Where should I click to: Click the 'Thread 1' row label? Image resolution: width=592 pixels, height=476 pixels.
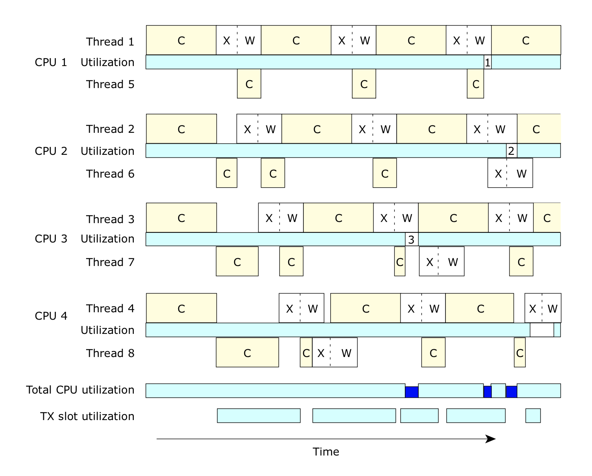(110, 41)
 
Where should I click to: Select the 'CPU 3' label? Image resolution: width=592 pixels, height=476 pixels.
(51, 239)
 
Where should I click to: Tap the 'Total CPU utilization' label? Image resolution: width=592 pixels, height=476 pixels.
(80, 390)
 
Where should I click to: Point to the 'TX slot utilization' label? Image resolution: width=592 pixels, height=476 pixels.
(87, 416)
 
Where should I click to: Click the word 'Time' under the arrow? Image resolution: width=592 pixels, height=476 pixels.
(326, 452)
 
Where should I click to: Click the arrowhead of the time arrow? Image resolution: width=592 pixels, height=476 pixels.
(491, 439)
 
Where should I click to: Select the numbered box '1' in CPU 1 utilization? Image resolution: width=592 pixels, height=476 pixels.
(487, 63)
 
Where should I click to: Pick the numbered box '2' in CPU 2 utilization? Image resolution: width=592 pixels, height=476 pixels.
(511, 151)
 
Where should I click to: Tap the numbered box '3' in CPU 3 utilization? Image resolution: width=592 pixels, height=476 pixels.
(411, 239)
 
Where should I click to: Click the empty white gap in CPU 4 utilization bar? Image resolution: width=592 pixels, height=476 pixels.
(542, 330)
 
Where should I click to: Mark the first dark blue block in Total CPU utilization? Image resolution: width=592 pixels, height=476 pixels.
(412, 392)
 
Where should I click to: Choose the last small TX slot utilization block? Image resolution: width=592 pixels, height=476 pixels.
(533, 416)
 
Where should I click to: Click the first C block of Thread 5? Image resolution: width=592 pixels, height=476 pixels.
(249, 84)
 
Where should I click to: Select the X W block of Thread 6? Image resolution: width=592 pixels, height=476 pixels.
(510, 173)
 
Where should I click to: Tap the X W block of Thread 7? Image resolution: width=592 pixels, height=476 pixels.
(441, 262)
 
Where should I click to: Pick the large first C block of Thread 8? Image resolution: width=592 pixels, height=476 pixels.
(247, 353)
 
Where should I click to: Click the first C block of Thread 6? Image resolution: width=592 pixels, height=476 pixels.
(227, 173)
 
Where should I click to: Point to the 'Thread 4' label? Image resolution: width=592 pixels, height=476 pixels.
(110, 309)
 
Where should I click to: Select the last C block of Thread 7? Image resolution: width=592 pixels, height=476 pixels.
(521, 262)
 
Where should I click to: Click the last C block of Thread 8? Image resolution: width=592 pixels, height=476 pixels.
(520, 353)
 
